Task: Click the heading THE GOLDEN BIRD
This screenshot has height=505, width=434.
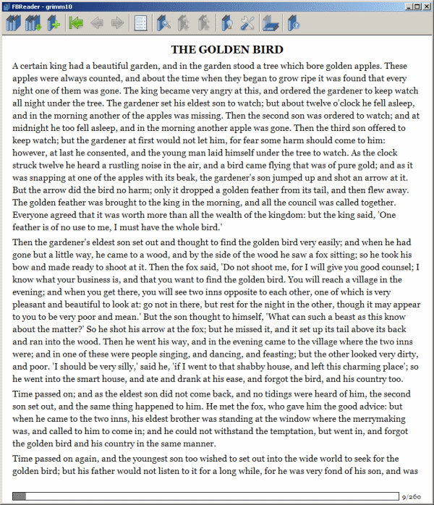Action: (226, 50)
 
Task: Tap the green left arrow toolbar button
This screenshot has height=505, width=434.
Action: (75, 25)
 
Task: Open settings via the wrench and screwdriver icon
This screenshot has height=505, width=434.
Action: (248, 25)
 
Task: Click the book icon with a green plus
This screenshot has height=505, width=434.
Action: (53, 25)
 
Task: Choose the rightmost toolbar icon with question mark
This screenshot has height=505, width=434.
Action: (294, 25)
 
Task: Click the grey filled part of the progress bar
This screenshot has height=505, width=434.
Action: (20, 496)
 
